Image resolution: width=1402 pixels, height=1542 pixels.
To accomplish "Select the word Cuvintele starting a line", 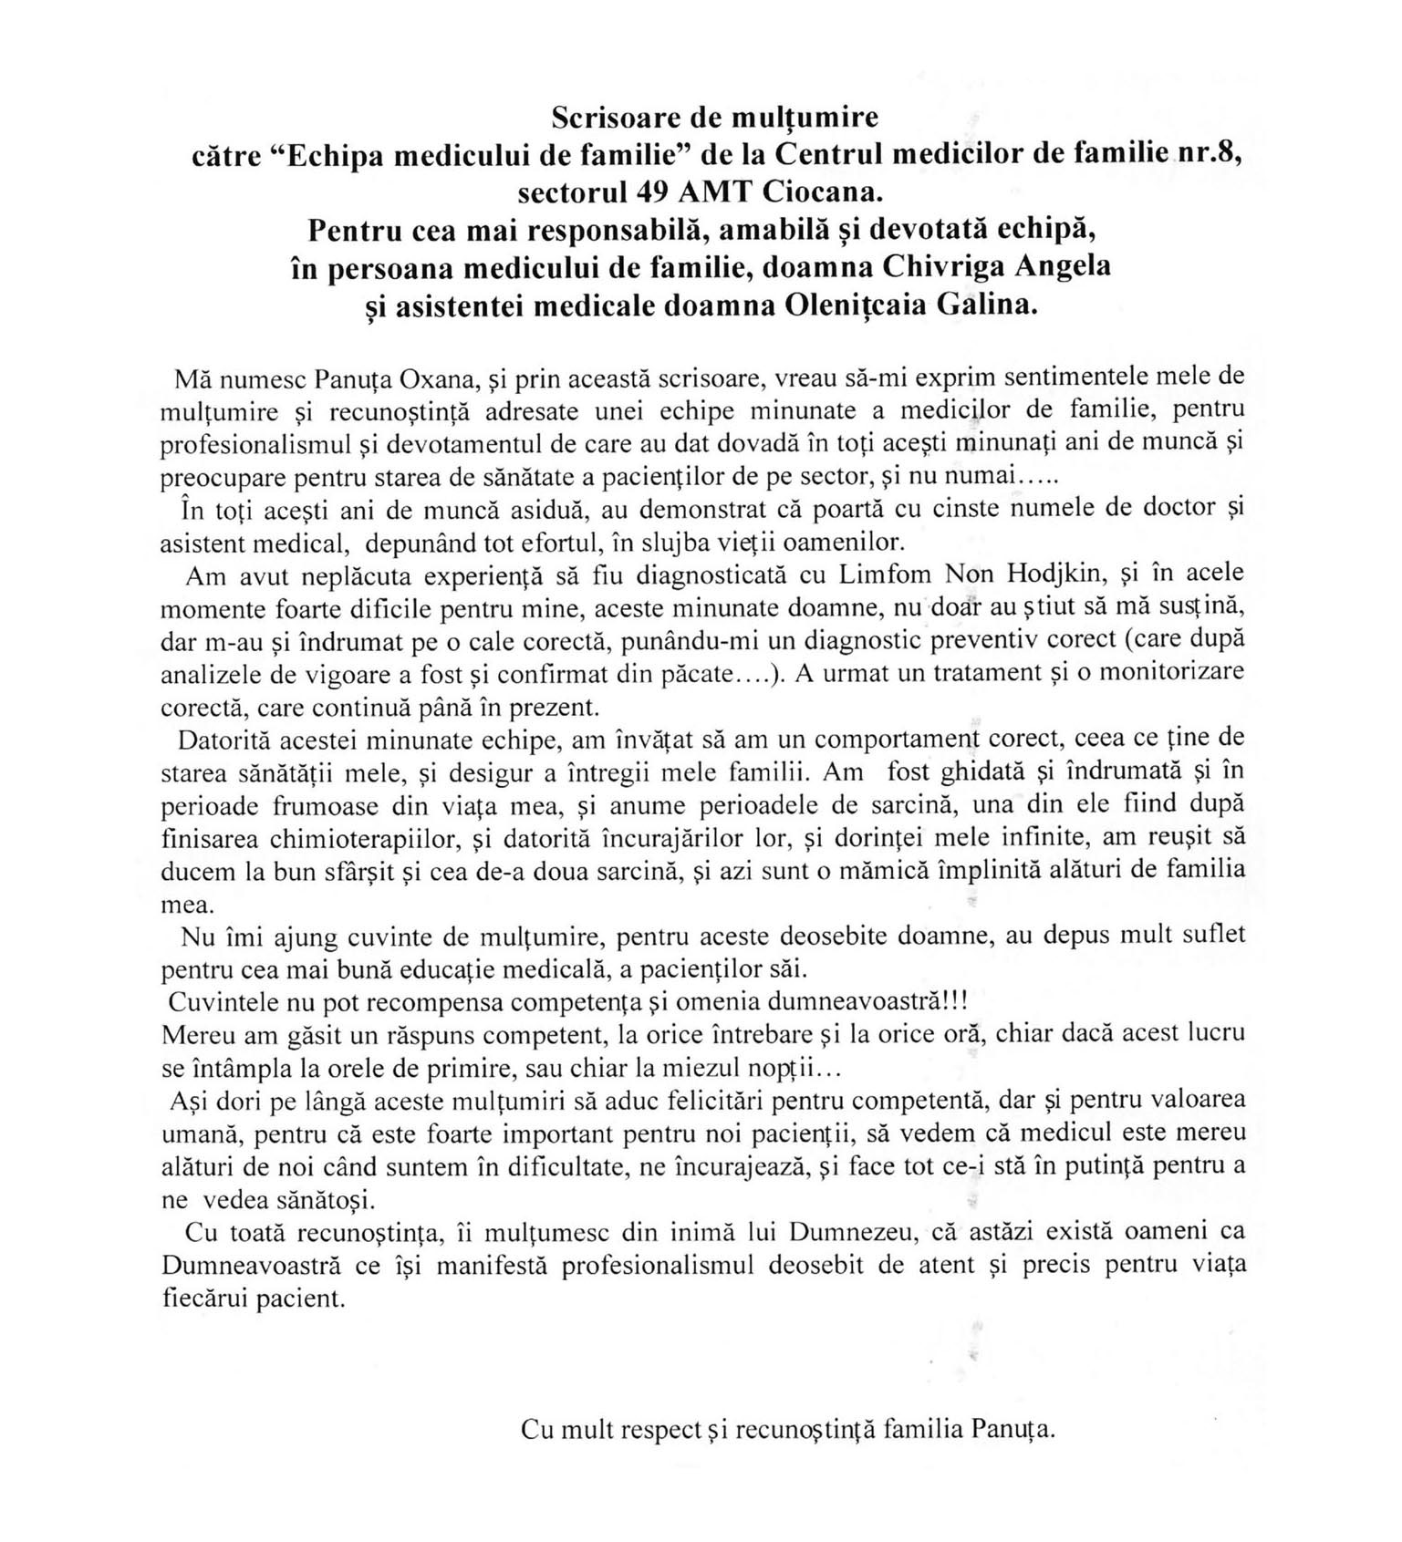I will coord(224,1001).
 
